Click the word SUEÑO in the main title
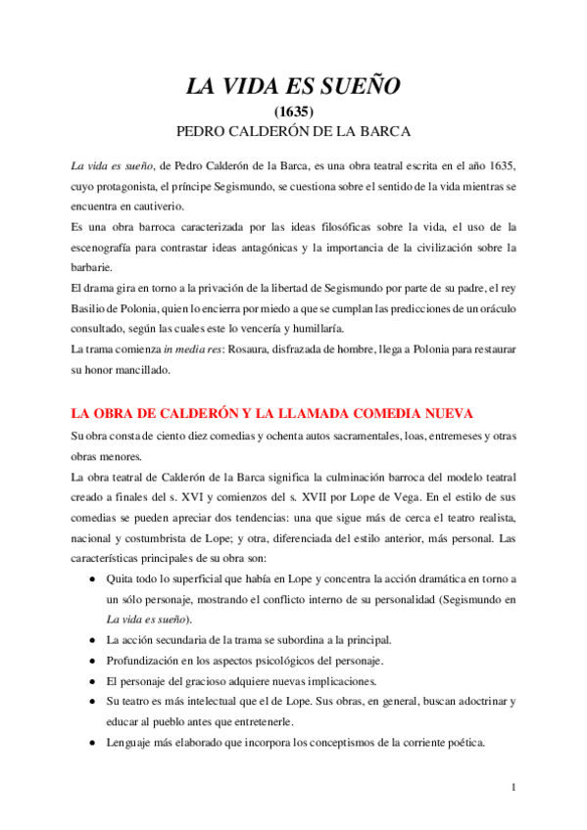357,88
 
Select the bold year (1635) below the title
293,112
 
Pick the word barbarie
92,267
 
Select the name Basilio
93,307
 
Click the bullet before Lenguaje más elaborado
92,743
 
